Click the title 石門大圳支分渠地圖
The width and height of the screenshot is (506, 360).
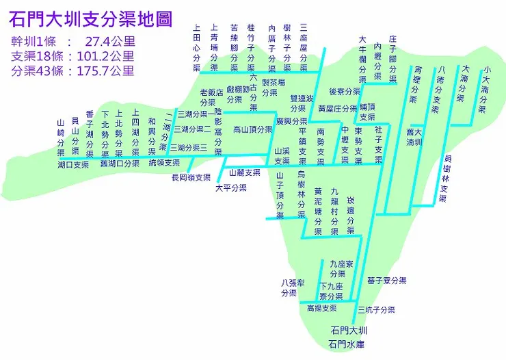90,18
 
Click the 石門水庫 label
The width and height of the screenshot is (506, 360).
347,344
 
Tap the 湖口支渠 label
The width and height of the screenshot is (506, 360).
73,165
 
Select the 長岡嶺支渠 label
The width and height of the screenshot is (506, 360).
191,177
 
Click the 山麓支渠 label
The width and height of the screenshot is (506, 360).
244,172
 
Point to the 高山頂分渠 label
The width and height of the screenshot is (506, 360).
252,129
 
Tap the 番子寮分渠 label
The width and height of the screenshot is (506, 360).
386,281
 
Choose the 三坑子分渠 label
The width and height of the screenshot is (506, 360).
376,309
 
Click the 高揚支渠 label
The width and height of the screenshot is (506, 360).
321,309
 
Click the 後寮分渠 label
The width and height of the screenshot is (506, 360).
344,91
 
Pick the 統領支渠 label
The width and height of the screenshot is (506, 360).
164,163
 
